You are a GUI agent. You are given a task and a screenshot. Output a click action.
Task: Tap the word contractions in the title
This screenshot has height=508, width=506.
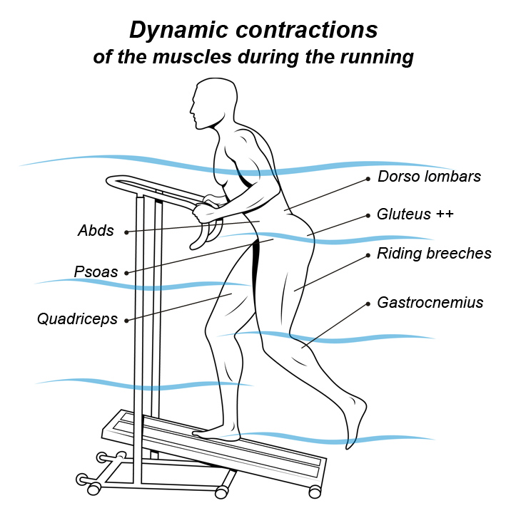[307, 30]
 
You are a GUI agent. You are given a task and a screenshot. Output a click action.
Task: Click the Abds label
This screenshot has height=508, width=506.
[96, 231]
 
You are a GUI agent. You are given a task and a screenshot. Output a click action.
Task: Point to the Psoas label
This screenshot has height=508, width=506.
[96, 272]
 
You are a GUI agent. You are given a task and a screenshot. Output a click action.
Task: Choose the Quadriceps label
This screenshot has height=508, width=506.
[77, 319]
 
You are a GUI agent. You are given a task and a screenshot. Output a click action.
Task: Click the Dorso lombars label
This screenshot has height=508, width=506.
[429, 177]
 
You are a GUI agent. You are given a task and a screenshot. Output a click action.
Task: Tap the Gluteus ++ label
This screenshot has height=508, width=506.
[415, 214]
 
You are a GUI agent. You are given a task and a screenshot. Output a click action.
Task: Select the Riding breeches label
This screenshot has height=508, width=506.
[434, 254]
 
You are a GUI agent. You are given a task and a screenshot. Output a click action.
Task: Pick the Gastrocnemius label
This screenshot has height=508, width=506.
[430, 303]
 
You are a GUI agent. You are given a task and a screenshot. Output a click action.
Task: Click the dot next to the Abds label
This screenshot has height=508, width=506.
[126, 232]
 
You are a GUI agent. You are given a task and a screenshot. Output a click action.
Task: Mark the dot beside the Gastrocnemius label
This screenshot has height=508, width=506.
[368, 304]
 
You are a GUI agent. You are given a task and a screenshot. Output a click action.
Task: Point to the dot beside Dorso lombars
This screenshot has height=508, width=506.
[368, 179]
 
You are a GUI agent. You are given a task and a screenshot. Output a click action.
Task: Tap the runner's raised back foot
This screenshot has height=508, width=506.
[355, 421]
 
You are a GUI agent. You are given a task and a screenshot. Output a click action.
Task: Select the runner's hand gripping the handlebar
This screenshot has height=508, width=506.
[206, 209]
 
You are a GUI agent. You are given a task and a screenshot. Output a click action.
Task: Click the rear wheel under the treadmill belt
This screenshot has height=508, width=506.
[314, 492]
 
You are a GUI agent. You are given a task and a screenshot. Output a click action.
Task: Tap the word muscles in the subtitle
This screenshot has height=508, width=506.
[192, 57]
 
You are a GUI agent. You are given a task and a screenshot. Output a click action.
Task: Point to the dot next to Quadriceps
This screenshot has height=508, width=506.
[126, 321]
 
